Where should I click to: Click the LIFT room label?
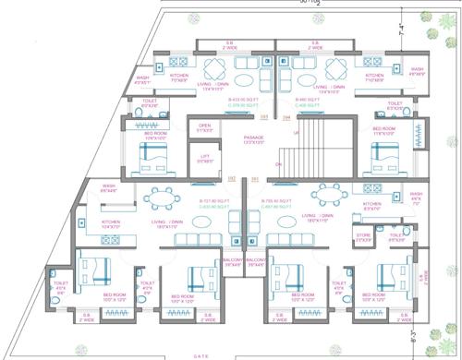206,158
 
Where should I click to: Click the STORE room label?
362,234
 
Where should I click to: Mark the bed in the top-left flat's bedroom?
148,158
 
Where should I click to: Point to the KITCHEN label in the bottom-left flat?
111,223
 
